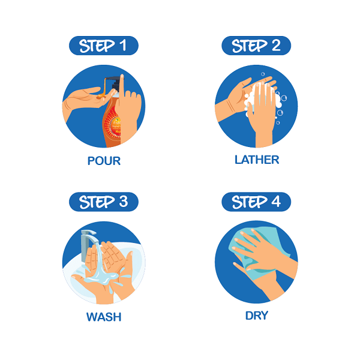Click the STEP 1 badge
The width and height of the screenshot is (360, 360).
pos(104,46)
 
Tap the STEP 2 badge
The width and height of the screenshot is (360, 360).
pos(256,46)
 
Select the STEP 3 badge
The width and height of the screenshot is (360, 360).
pos(104,202)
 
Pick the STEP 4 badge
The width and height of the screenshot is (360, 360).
pos(256,202)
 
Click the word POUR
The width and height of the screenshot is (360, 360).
pos(104,161)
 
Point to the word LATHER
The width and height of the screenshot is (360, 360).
pos(257,160)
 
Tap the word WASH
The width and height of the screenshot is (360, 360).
pos(104,317)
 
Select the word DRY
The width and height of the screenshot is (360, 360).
pos(257,316)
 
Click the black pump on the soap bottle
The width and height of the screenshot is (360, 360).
pos(115,83)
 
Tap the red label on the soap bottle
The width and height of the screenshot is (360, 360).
pos(113,124)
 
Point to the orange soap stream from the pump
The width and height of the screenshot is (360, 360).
pos(103,88)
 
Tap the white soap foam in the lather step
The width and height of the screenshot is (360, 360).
pos(262,101)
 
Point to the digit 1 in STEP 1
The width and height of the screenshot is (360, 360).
pos(123,45)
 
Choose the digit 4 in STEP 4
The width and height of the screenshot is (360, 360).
pos(276,202)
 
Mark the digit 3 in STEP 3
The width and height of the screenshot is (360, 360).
pos(124,202)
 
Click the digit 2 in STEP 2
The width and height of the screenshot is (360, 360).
pos(276,45)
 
